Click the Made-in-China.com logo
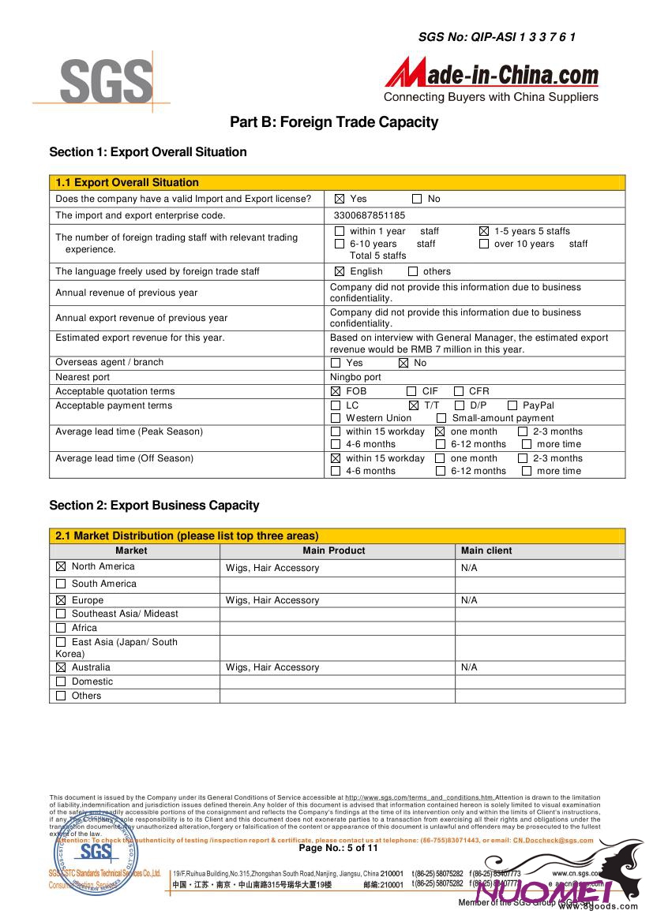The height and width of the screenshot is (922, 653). point(491,80)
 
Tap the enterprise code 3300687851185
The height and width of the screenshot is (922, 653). point(370,215)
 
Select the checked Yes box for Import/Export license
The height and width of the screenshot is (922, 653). point(340,199)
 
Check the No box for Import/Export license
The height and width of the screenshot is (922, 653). point(417,199)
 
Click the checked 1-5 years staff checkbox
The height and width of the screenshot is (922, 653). point(484,231)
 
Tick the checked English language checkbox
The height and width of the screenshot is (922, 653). point(340,271)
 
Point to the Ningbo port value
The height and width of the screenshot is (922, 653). point(355,377)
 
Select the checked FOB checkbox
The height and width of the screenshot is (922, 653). point(336,391)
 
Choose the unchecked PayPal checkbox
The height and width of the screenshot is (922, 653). point(512,405)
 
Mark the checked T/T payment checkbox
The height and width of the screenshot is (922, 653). point(414,405)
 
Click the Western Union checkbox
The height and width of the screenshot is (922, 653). point(336,418)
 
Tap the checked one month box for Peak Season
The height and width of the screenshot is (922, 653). point(441,431)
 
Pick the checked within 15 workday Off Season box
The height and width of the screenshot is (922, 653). point(336,458)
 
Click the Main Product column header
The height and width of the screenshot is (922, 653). point(334,551)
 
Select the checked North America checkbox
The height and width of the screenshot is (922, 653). point(61,566)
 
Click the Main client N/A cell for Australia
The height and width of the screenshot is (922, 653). point(469,667)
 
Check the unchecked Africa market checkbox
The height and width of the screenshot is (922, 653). point(61,628)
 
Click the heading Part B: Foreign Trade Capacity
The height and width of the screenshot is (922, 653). point(333,122)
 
